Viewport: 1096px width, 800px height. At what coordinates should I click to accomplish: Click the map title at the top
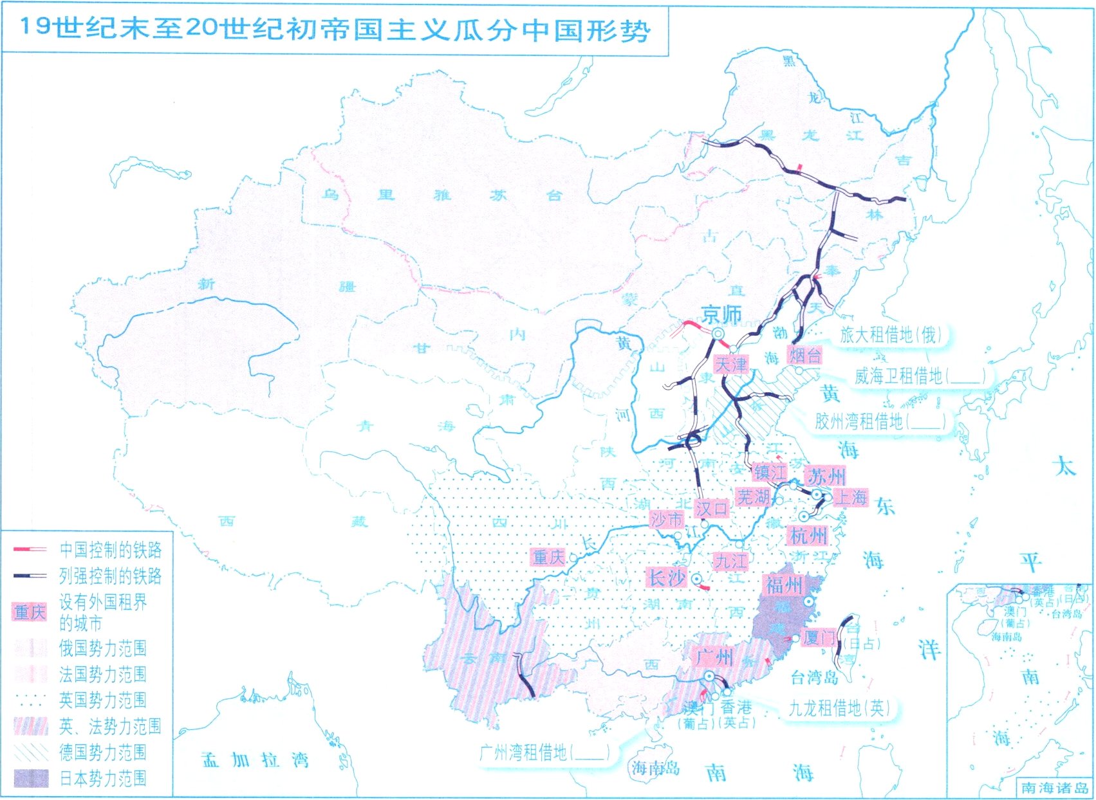335,30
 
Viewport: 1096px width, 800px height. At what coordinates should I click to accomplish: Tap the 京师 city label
721,315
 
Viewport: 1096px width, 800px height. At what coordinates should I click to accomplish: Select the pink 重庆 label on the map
548,557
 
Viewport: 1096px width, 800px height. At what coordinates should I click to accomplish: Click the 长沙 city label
667,577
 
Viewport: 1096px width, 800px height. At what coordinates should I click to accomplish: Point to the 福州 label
784,585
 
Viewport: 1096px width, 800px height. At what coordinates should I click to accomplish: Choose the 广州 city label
714,657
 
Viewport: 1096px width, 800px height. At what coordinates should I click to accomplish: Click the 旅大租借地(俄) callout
891,334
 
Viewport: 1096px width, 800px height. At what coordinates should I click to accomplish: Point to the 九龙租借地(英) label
839,708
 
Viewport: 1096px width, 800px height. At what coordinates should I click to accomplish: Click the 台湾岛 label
814,677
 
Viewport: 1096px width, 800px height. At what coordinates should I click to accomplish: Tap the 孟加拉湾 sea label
255,759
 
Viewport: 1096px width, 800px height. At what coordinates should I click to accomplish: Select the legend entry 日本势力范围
103,778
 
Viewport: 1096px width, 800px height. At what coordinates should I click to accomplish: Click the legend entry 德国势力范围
103,752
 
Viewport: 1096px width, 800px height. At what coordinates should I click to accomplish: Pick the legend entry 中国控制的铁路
110,549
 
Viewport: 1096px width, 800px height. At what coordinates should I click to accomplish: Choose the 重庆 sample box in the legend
30,612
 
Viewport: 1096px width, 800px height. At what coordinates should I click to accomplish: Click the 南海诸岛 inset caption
1054,788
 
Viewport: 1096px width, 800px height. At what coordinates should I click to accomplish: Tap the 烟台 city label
804,355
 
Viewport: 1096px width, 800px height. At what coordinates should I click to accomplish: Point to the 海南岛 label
655,767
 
